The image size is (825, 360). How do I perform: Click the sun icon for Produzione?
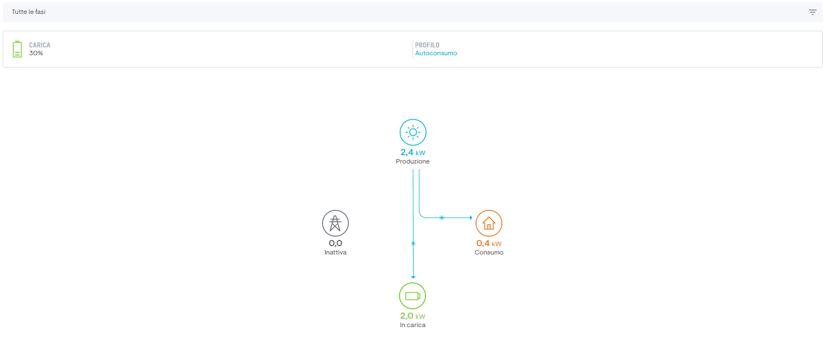(x=413, y=132)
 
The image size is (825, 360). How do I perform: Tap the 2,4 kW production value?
(x=413, y=152)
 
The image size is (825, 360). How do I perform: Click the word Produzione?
(x=412, y=161)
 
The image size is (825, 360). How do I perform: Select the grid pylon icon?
(x=335, y=223)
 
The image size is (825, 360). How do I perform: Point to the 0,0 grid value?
(x=335, y=243)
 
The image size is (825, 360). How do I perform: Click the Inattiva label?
(x=335, y=252)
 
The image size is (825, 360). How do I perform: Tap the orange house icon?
(x=489, y=223)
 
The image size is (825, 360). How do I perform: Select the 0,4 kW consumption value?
(x=489, y=243)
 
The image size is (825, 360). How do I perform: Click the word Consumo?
(x=489, y=252)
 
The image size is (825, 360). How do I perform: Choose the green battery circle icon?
(x=412, y=296)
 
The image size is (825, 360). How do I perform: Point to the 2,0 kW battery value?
(x=412, y=316)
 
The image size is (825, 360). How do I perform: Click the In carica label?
(x=412, y=325)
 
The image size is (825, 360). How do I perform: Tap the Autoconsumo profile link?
(x=436, y=53)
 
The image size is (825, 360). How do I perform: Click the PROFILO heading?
(x=427, y=45)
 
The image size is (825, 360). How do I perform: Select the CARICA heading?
(x=40, y=45)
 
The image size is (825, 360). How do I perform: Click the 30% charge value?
(x=36, y=53)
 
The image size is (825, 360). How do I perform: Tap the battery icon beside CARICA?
(x=17, y=49)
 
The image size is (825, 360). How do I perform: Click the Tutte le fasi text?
(x=28, y=12)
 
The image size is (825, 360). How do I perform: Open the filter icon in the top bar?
(x=812, y=12)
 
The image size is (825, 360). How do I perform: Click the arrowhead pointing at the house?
(x=471, y=218)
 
